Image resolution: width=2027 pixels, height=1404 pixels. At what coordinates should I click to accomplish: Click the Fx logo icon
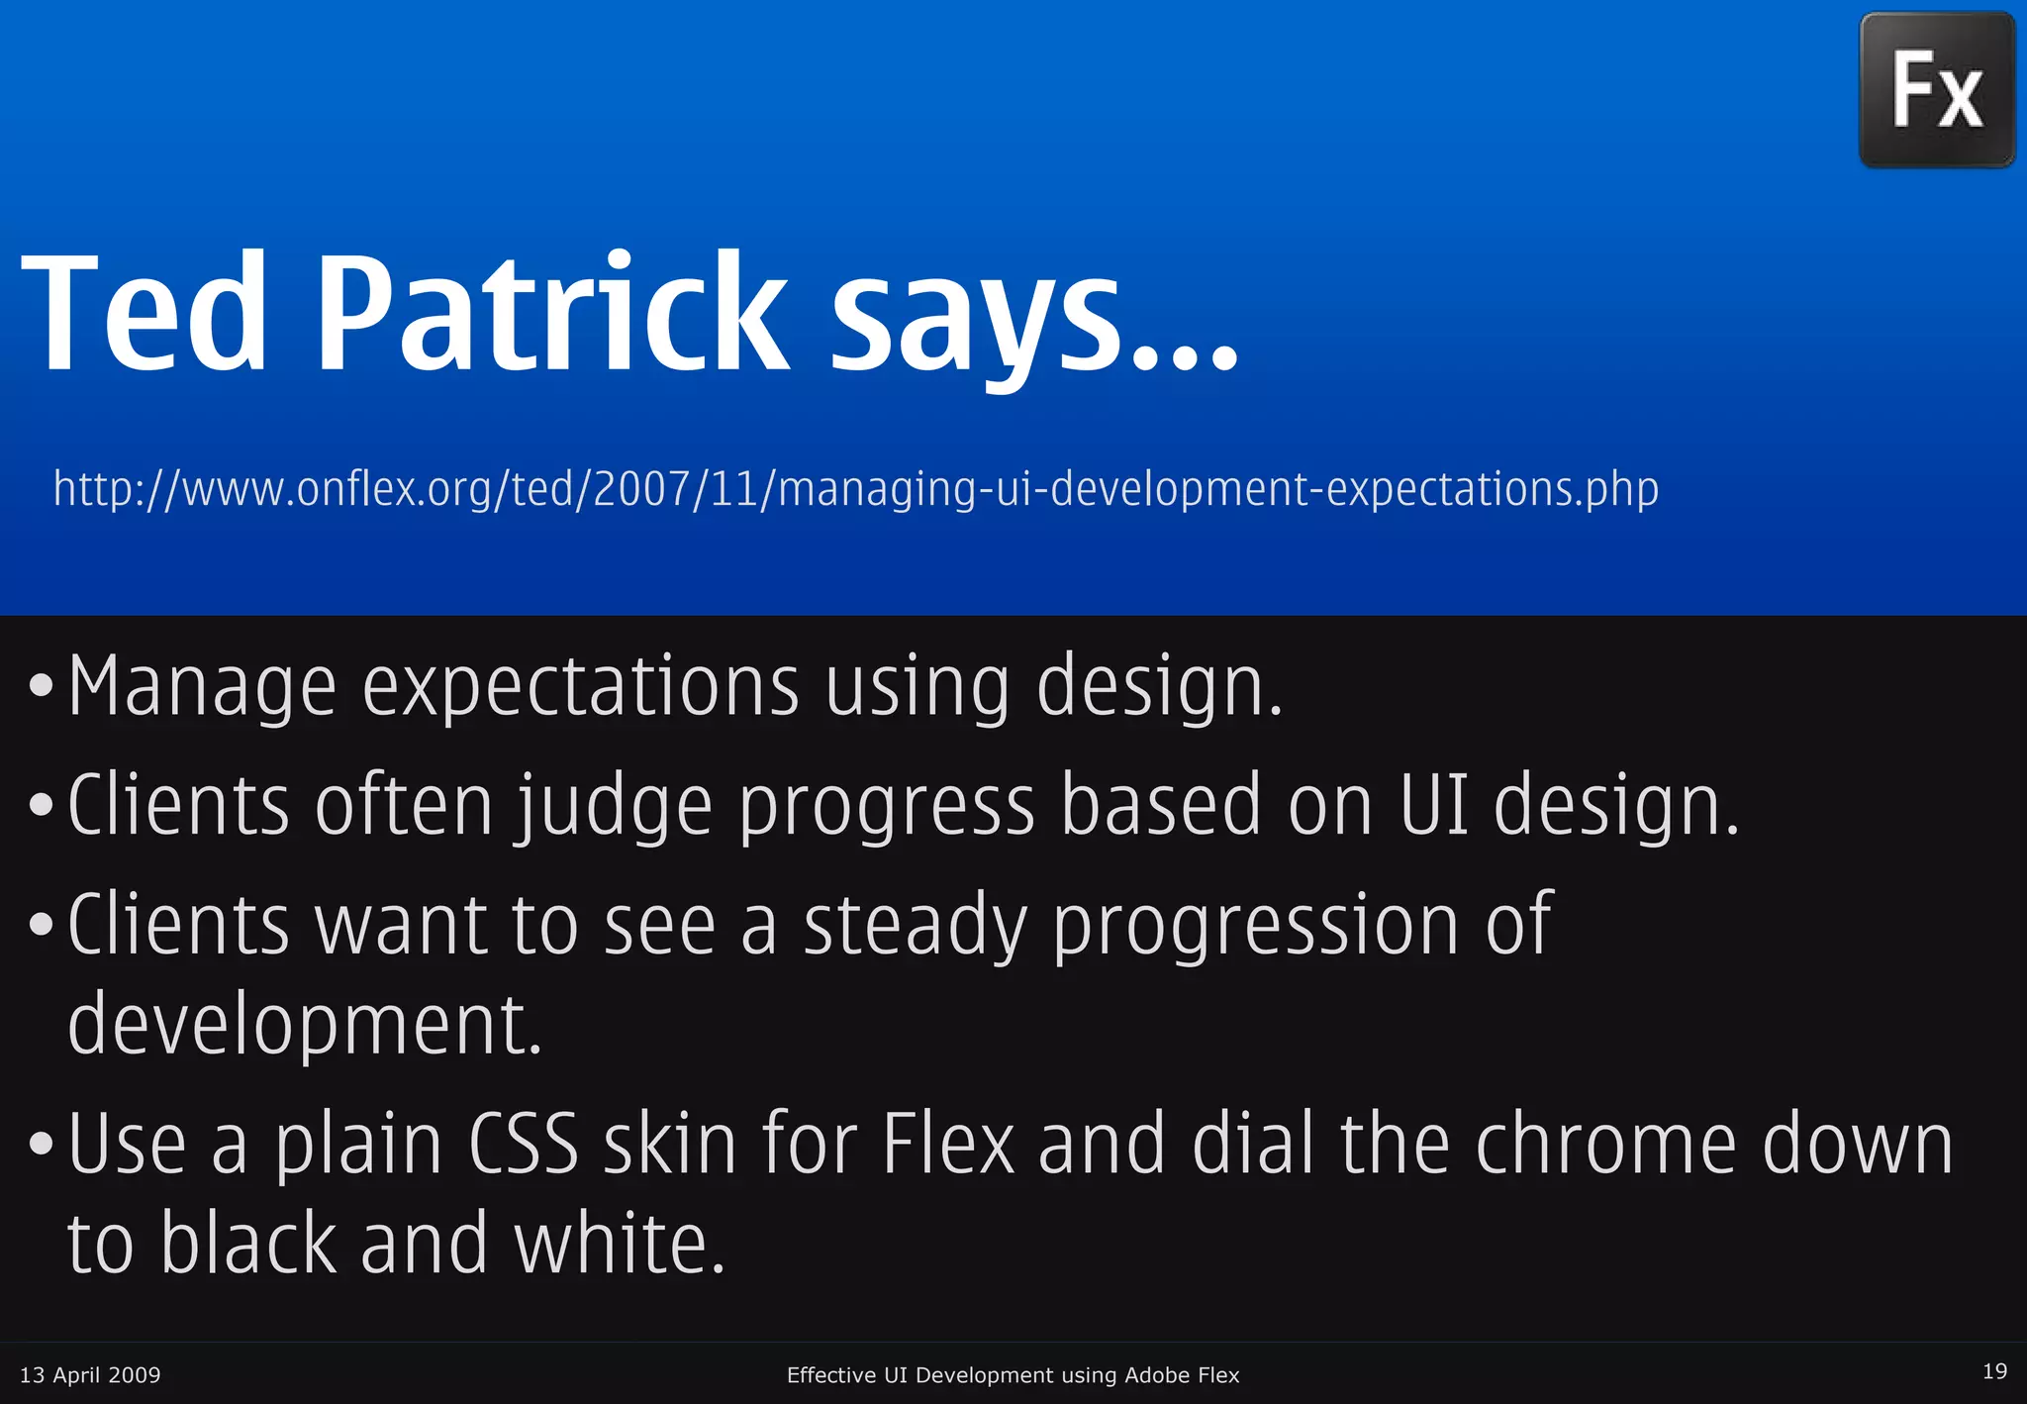[x=1937, y=90]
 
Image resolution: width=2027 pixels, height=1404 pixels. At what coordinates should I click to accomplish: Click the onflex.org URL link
[x=855, y=489]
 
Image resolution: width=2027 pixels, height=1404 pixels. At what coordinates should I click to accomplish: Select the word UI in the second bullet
[x=1433, y=805]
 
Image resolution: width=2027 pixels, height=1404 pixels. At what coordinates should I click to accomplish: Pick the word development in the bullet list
[x=305, y=1026]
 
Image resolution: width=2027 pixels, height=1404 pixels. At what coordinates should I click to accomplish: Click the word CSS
[x=523, y=1143]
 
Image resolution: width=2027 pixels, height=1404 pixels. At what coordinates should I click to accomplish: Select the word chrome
[x=1605, y=1143]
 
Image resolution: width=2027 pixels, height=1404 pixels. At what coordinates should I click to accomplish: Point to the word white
[x=620, y=1244]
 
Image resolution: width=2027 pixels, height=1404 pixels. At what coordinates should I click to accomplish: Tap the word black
[x=248, y=1244]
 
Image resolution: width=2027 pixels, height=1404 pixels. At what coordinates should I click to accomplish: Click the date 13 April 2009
[x=90, y=1374]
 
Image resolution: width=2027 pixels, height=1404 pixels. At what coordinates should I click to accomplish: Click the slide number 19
[x=1994, y=1371]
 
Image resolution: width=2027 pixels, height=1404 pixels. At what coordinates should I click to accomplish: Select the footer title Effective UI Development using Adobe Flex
[x=1013, y=1374]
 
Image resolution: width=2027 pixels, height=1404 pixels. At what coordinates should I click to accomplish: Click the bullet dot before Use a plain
[x=41, y=1145]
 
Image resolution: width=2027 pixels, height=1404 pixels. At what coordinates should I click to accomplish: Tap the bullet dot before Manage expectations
[x=41, y=685]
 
